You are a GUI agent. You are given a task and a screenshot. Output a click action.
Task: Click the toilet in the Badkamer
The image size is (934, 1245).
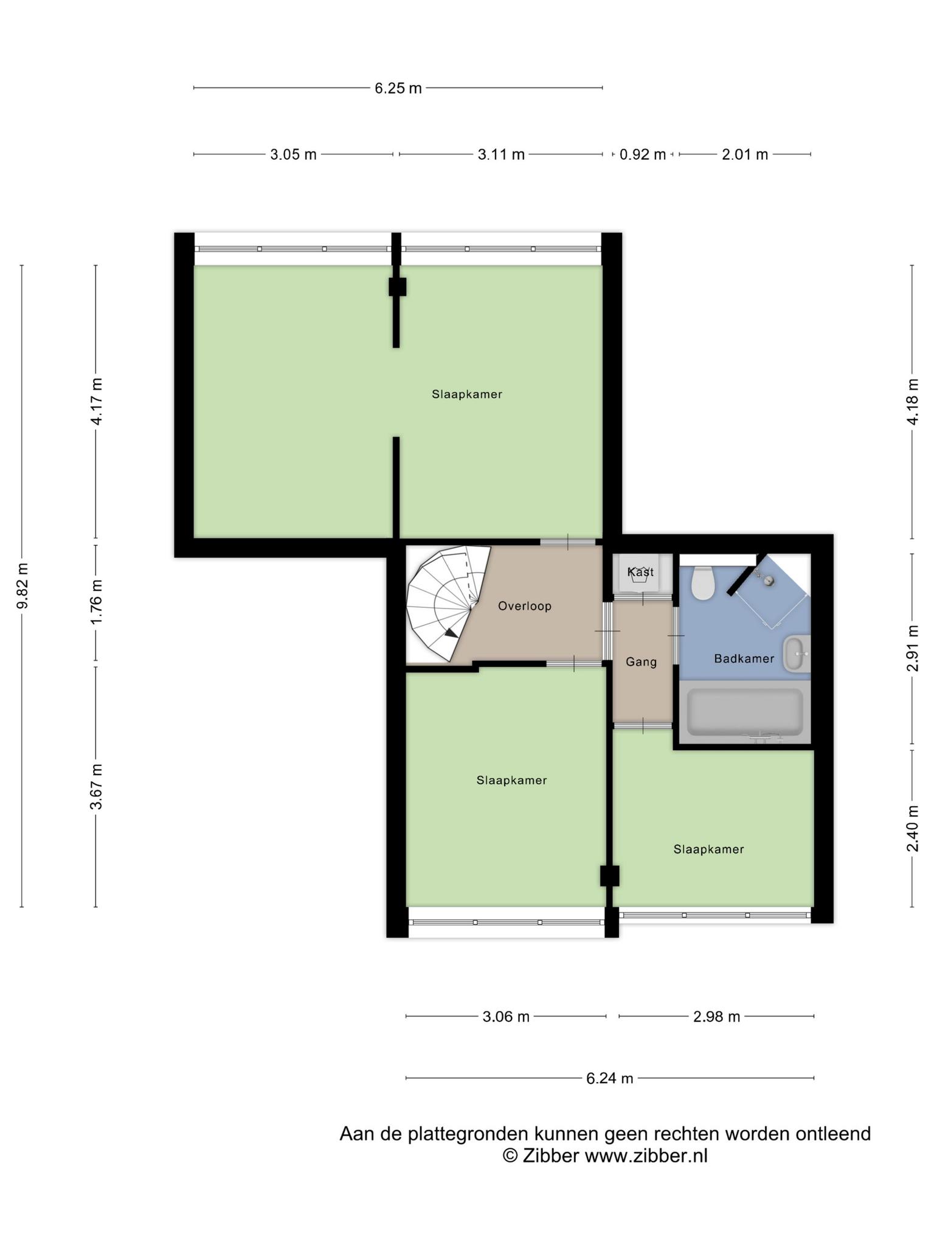(x=702, y=583)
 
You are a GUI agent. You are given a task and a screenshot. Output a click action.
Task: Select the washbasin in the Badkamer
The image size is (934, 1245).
(x=796, y=654)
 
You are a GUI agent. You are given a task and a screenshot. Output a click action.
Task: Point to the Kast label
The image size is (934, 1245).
(x=641, y=572)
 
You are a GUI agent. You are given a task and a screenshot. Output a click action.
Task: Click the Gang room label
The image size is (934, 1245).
(x=642, y=661)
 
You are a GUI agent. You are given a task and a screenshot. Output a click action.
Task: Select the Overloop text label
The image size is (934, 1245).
(x=525, y=606)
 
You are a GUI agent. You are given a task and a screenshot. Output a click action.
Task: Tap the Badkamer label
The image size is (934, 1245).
(x=744, y=658)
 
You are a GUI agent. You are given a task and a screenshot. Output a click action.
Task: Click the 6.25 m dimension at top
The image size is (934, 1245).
(x=398, y=88)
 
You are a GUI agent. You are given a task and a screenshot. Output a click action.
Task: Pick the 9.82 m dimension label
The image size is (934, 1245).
(x=22, y=586)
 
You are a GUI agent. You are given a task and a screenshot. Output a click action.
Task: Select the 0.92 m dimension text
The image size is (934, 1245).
(x=643, y=154)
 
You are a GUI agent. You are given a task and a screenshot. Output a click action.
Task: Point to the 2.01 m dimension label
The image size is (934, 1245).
(x=745, y=154)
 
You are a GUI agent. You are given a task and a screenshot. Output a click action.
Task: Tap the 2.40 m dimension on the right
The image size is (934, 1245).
(x=913, y=829)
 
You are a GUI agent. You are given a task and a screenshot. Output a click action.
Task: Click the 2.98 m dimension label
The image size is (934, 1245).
(x=717, y=1016)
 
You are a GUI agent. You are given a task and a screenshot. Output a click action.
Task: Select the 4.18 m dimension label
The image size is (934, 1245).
(x=913, y=402)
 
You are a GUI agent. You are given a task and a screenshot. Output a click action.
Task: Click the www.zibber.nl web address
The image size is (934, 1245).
(x=646, y=1156)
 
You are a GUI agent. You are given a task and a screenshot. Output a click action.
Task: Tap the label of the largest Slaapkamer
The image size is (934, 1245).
(x=467, y=394)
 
